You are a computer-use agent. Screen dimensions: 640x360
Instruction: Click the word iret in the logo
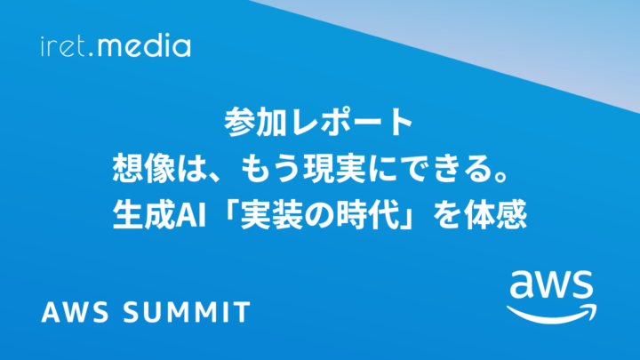point(63,46)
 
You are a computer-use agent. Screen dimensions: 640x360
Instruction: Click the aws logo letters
point(551,285)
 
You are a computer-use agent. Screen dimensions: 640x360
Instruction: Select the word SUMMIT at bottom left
point(187,312)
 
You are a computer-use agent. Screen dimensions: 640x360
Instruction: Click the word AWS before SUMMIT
point(75,312)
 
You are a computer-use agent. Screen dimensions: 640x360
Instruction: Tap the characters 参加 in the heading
point(255,122)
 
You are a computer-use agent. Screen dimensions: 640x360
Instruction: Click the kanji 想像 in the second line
point(144,169)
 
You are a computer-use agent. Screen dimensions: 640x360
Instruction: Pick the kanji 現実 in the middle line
point(334,169)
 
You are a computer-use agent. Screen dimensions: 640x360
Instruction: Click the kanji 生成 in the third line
point(144,215)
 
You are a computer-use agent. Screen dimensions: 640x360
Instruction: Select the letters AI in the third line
point(190,215)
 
